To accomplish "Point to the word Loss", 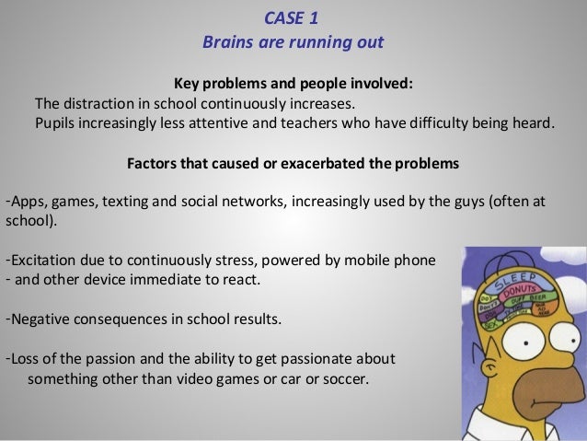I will (x=24, y=357).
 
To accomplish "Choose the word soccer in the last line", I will (x=341, y=377).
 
